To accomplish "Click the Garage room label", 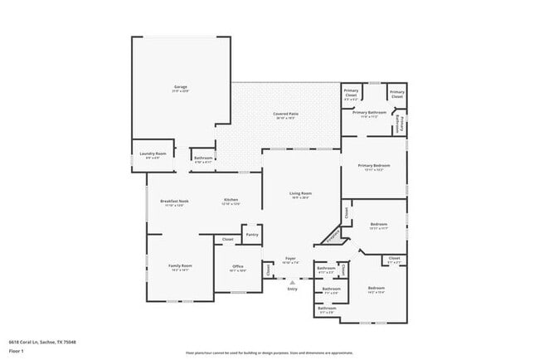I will point(180,86).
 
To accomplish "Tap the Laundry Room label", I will point(154,153).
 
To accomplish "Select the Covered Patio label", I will point(286,114).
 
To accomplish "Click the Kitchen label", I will point(231,199).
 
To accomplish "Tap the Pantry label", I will point(251,235).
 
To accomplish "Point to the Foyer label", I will point(290,258).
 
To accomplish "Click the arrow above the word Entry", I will point(291,281).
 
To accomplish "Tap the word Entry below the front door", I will point(292,289).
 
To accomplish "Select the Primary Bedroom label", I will point(374,165).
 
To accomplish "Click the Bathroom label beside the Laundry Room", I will point(203,158).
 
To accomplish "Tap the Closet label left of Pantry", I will point(227,239).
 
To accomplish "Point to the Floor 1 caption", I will point(15,349).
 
